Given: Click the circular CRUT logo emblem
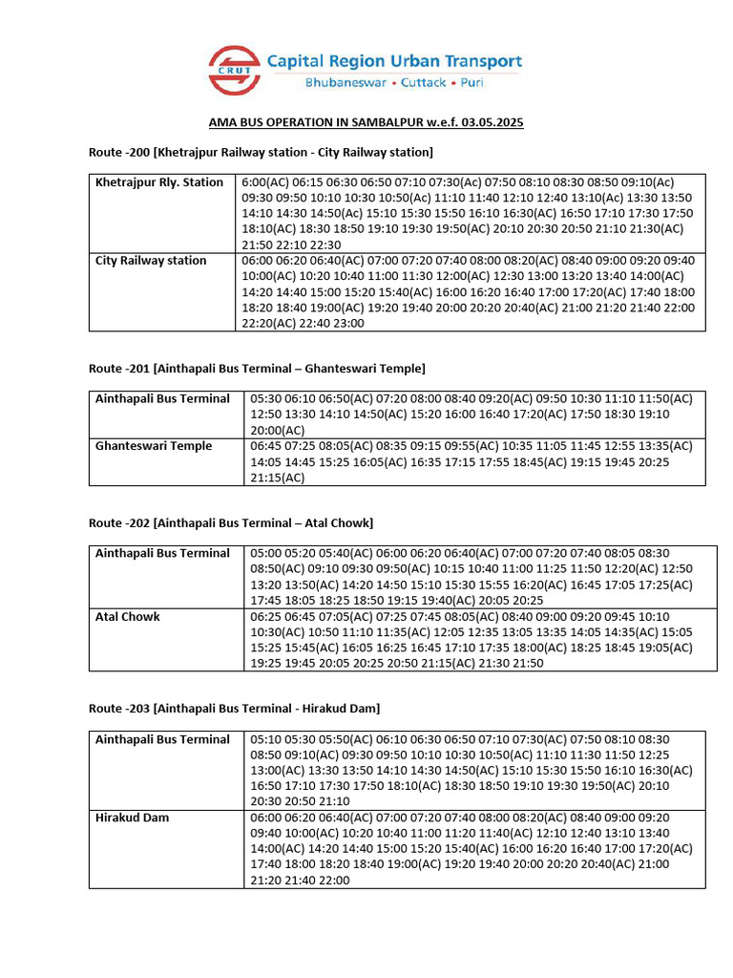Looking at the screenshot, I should (234, 70).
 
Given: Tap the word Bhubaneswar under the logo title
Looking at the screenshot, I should (346, 83).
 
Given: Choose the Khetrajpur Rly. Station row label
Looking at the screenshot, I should (159, 182).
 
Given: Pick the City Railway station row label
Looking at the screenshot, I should (151, 261).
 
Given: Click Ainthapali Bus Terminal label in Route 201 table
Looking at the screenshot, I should (163, 398).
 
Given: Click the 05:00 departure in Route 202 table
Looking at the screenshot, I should (266, 553).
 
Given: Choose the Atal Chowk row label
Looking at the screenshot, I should (128, 617).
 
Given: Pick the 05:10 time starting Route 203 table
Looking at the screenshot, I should (266, 739).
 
